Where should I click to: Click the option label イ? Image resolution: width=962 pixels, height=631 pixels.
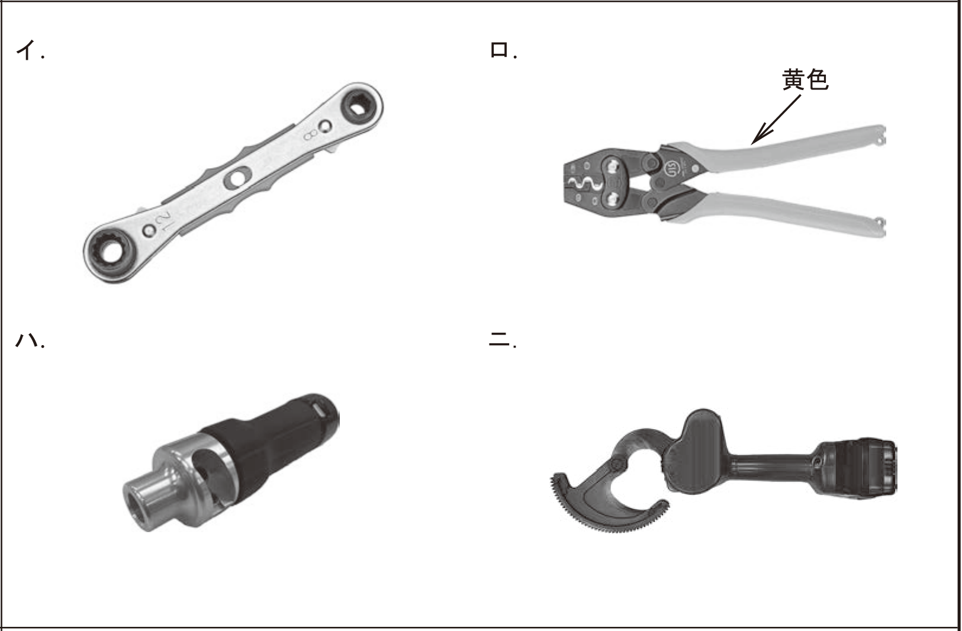pyautogui.click(x=26, y=51)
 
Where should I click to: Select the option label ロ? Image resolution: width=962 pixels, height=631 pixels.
pyautogui.click(x=499, y=50)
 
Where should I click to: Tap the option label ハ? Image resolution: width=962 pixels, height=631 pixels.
pyautogui.click(x=26, y=340)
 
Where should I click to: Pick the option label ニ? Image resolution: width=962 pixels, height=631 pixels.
pyautogui.click(x=499, y=340)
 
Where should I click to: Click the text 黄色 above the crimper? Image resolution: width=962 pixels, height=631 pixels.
pyautogui.click(x=805, y=80)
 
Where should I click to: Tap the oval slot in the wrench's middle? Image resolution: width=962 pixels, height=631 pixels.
pyautogui.click(x=235, y=178)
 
